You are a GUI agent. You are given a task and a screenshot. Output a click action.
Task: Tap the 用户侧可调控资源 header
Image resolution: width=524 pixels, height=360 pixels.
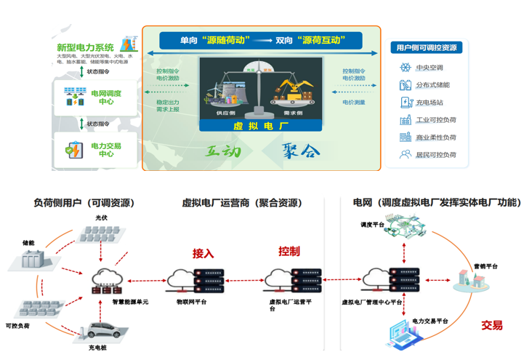click(x=427, y=48)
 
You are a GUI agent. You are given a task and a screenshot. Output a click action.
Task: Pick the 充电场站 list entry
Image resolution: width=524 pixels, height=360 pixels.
click(x=430, y=103)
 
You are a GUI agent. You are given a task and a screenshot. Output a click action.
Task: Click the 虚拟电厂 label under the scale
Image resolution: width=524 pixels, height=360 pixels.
click(x=261, y=125)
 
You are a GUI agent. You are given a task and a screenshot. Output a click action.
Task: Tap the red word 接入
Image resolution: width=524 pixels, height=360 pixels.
click(x=203, y=254)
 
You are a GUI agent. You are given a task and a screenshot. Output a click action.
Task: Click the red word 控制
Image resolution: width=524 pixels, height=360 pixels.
click(x=289, y=252)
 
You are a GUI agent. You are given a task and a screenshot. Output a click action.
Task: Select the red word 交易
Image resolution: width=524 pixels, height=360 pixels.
click(x=491, y=325)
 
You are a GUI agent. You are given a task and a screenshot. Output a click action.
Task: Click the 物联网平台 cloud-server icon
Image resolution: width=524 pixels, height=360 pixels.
click(x=193, y=280)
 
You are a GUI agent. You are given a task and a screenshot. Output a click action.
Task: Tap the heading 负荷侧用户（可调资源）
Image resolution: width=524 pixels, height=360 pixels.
click(x=84, y=204)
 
